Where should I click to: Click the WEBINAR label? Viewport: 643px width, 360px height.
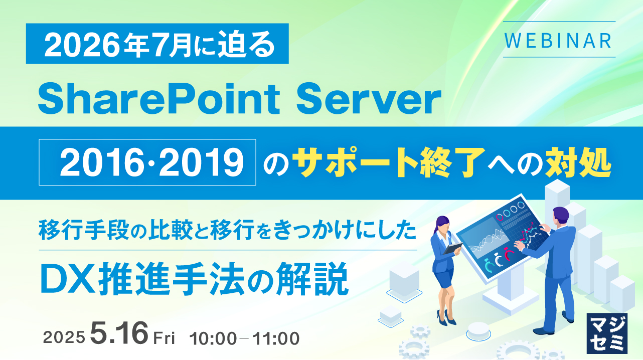pos(559,40)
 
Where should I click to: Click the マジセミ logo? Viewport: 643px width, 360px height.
pos(606,333)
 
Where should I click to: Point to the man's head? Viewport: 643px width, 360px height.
pos(561,215)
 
